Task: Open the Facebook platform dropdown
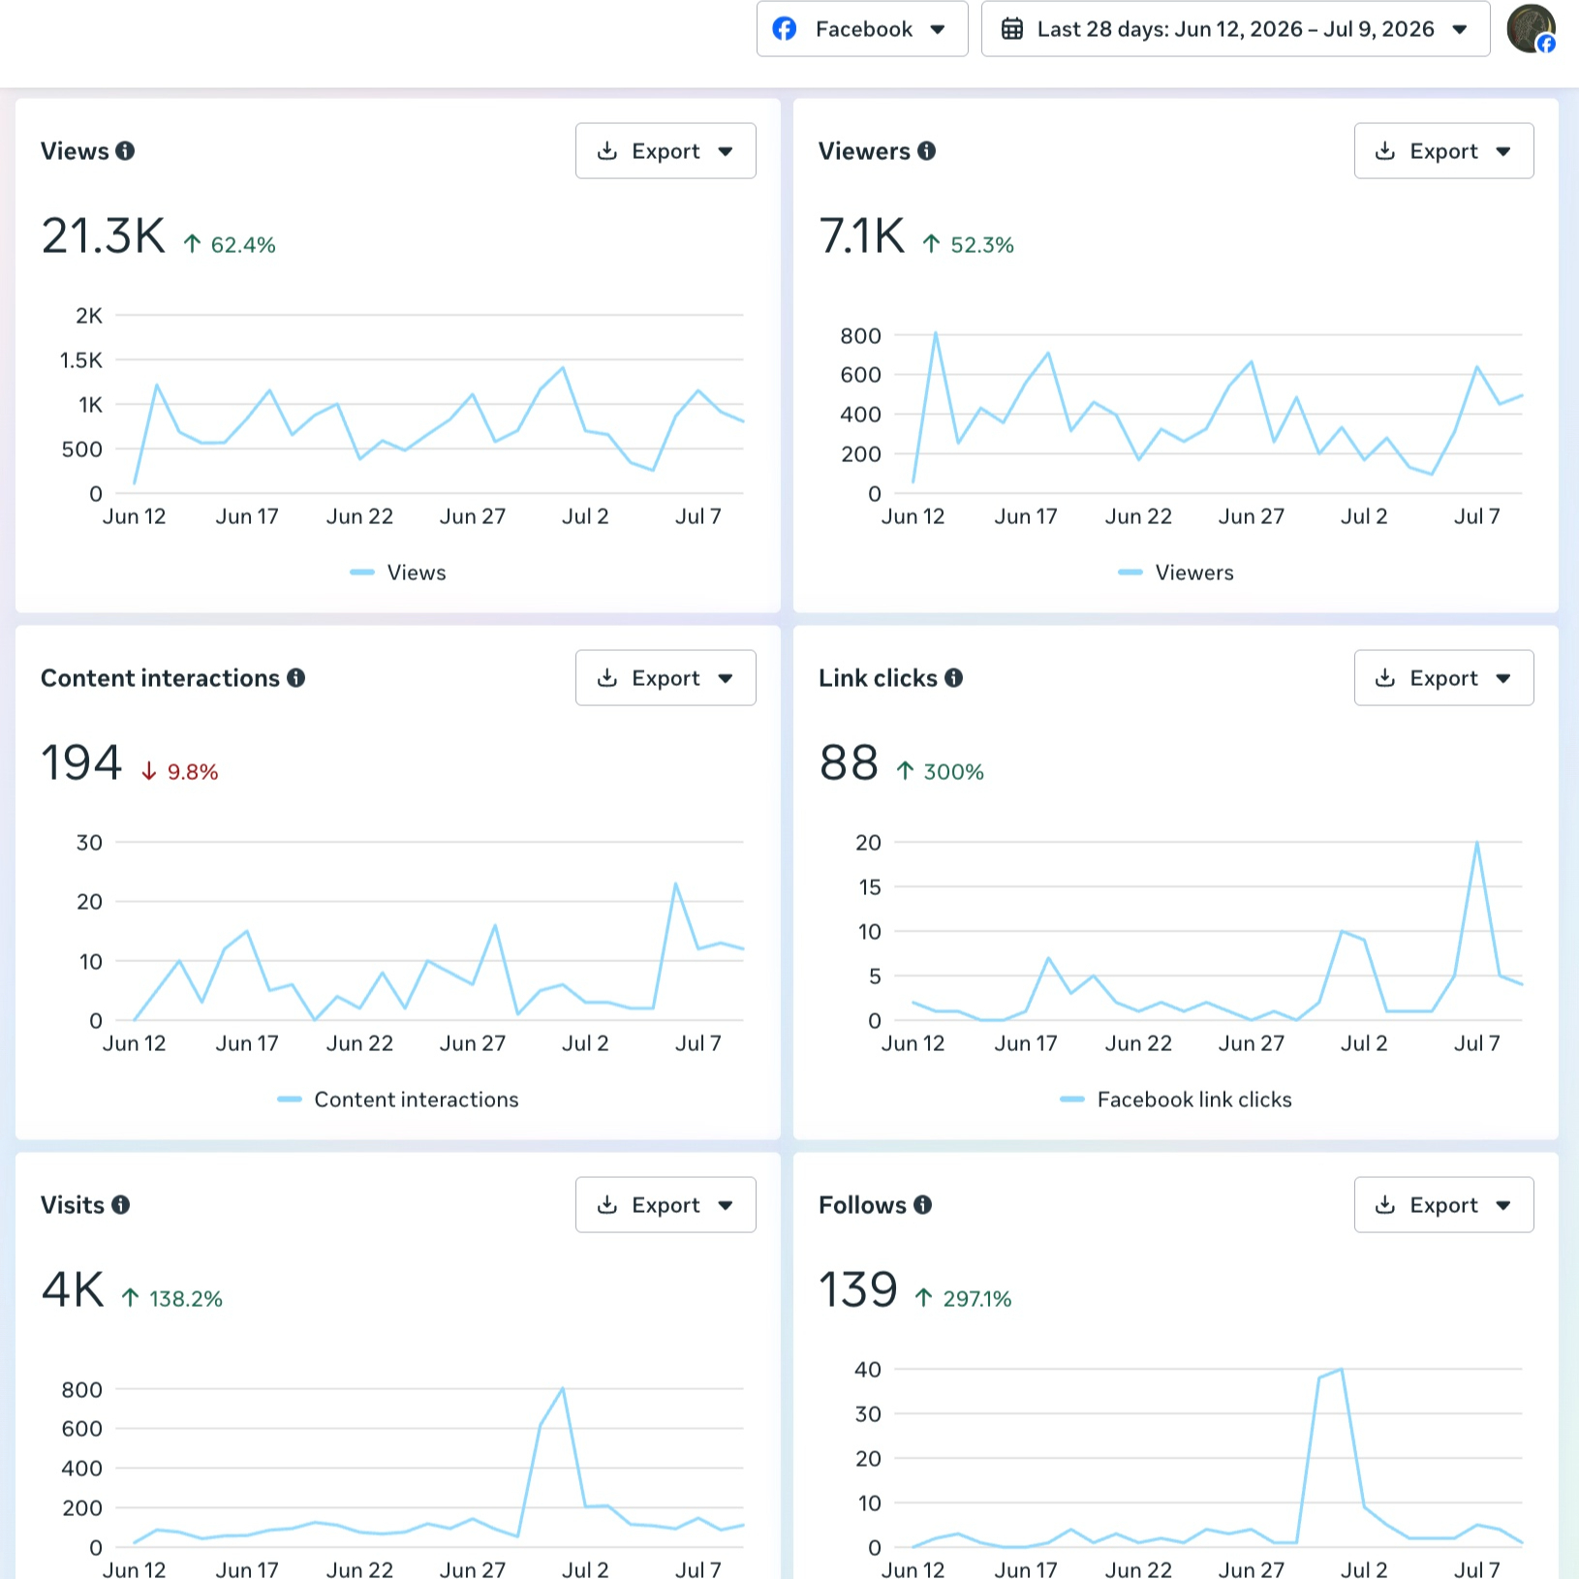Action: [x=862, y=29]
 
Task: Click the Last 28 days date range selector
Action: [x=1235, y=29]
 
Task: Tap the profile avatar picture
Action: [x=1531, y=29]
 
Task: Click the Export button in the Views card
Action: [x=666, y=151]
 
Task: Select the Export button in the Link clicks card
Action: [x=1443, y=678]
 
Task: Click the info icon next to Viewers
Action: [x=927, y=151]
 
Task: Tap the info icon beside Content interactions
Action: [x=296, y=678]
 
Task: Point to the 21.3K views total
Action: [x=104, y=236]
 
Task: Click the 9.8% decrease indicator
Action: [x=180, y=772]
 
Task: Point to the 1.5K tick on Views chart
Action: [x=81, y=360]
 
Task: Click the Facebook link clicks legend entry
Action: [x=1176, y=1099]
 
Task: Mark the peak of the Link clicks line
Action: [x=1477, y=843]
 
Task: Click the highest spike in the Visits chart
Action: [x=563, y=1389]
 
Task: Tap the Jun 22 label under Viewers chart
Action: [x=1138, y=516]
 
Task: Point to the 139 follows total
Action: [x=858, y=1290]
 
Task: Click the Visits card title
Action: [x=73, y=1205]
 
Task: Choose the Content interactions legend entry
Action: [x=398, y=1099]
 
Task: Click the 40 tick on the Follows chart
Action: [x=868, y=1370]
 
